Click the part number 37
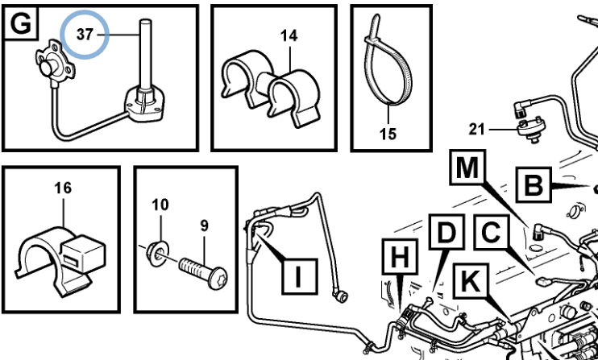point(85,35)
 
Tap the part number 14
point(289,35)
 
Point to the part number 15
point(388,134)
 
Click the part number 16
point(62,188)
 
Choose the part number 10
point(160,204)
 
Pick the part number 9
point(204,226)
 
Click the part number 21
point(478,128)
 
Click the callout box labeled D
point(446,234)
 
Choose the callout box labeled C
point(490,234)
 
